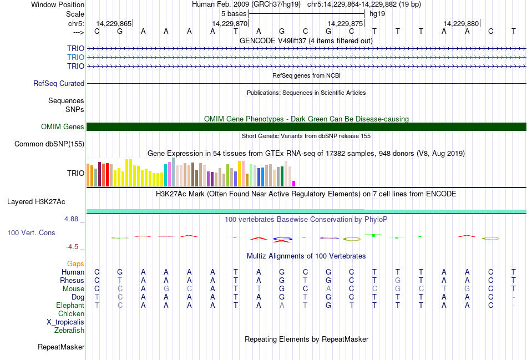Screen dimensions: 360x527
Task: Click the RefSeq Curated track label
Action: [x=59, y=84]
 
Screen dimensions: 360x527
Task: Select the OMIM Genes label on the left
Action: [x=63, y=127]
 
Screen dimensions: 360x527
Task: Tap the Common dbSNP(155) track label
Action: [x=49, y=144]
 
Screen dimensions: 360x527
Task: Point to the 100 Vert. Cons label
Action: [x=31, y=233]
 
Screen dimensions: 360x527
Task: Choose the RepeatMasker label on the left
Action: [x=61, y=347]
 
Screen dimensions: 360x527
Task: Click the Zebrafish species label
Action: [x=69, y=331]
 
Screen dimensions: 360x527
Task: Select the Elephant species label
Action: [x=70, y=306]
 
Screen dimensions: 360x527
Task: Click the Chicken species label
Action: [x=71, y=314]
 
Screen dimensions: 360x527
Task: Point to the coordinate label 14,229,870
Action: [x=230, y=24]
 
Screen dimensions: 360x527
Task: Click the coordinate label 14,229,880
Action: [x=461, y=24]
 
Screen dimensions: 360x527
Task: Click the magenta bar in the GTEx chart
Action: [x=294, y=183]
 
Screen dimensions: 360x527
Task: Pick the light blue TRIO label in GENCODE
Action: [x=75, y=57]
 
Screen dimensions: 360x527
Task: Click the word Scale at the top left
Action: [x=75, y=14]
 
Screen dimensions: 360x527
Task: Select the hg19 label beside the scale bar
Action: [x=377, y=13]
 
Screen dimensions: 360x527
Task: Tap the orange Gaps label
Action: [x=75, y=263]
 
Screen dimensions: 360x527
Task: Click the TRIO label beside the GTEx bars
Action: [x=75, y=173]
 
